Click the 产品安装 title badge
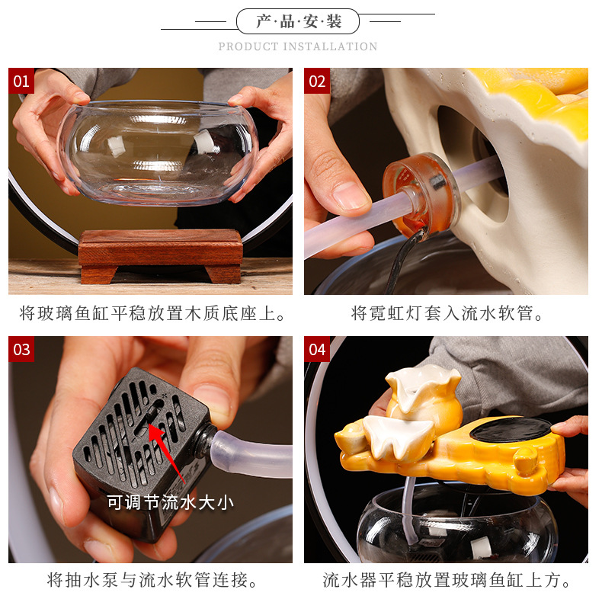298,21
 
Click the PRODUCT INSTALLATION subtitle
298,46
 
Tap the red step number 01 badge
21,81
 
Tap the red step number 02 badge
317,81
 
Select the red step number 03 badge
21,349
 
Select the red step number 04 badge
317,349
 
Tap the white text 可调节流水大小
170,501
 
